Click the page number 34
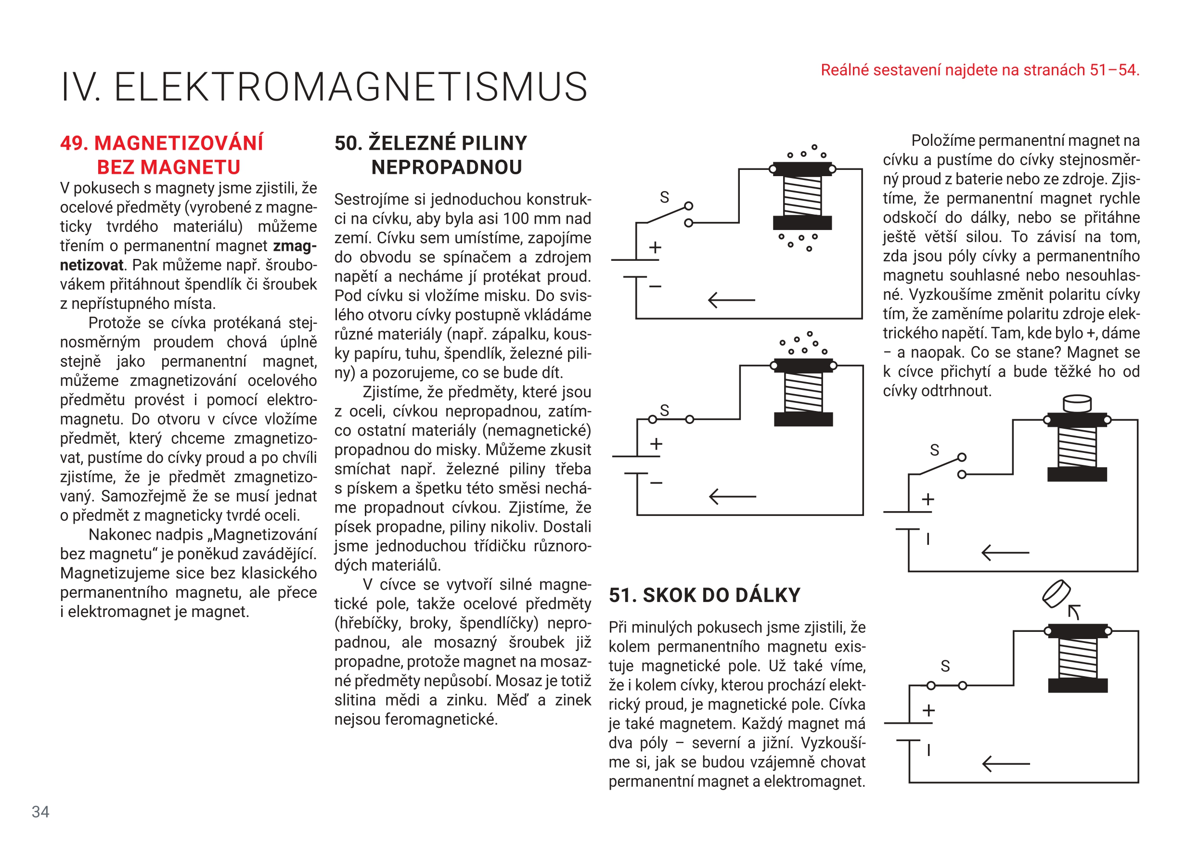40,811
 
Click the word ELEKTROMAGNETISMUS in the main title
350,87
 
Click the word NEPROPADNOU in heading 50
447,167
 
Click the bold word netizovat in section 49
91,265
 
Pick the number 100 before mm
522,219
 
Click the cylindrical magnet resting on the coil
1077,404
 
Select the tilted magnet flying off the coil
1056,594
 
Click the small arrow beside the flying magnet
1074,612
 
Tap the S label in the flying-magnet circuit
945,667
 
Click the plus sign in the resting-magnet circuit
928,500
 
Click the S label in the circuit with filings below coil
664,197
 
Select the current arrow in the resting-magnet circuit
1005,552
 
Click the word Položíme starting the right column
943,141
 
